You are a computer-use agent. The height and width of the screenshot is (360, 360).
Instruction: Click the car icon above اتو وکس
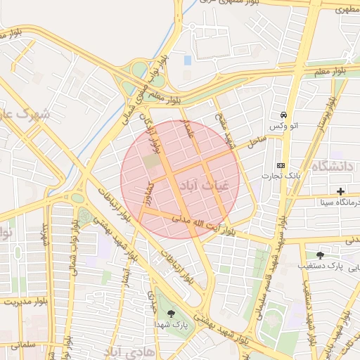coord(283,115)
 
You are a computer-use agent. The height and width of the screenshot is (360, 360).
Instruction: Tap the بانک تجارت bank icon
coord(281,165)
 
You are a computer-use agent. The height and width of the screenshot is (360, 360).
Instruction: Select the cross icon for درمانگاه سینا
coord(341,191)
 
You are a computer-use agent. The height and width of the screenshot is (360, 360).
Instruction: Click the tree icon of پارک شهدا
coord(171,314)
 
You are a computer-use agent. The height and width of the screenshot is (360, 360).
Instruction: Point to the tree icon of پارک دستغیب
coord(321,255)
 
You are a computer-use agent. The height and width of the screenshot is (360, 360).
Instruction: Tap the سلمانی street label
coord(24,346)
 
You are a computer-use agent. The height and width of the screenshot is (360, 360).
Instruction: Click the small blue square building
coord(188,60)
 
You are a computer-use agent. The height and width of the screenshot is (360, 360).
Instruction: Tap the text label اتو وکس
coord(284,126)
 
